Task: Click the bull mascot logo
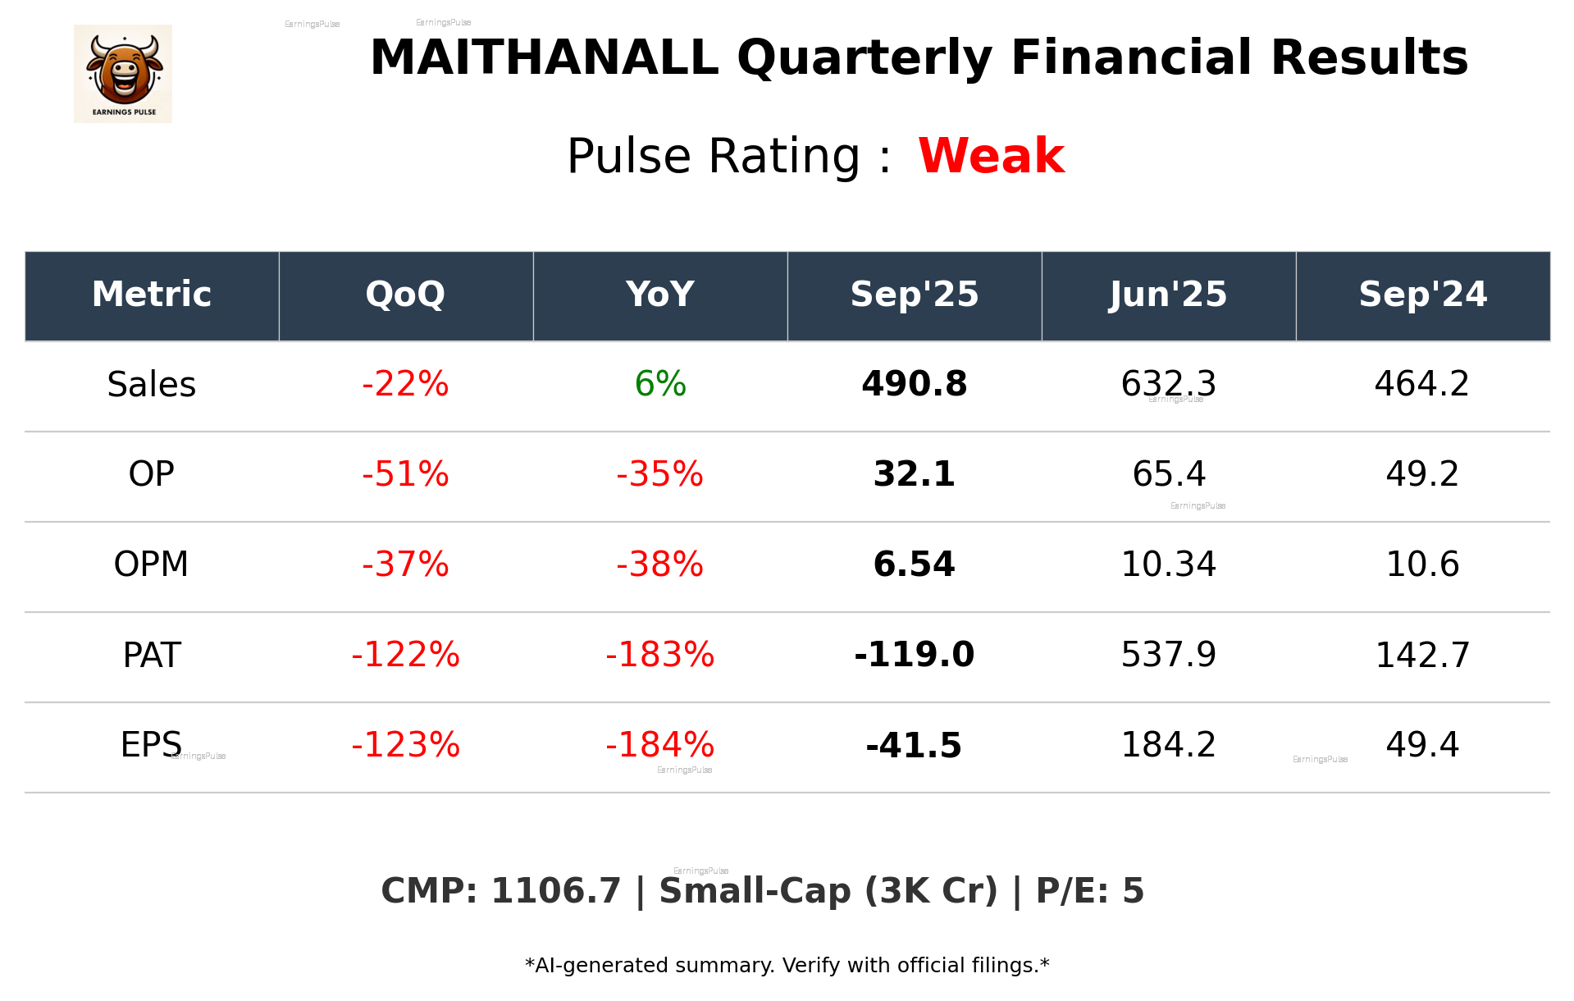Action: coord(123,73)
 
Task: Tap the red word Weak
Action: coord(991,156)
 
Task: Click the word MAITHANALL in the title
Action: coord(544,58)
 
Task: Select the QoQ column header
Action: coord(405,295)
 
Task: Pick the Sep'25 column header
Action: coord(914,295)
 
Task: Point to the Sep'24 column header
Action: coord(1422,295)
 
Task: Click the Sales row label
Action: coord(152,385)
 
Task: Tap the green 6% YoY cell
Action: coord(660,384)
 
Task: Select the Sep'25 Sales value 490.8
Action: coord(914,384)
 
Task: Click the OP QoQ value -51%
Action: coord(405,474)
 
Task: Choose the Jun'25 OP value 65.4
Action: coord(1169,474)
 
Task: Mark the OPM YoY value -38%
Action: coord(660,564)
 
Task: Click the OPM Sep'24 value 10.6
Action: coord(1422,564)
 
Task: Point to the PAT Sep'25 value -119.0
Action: coord(914,655)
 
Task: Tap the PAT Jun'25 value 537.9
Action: coord(1169,655)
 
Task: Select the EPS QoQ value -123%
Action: coord(405,745)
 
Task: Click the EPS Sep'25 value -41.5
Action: coord(914,745)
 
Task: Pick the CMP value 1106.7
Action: coord(555,891)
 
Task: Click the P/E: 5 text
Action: coord(1089,891)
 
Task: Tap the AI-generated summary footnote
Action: coord(787,966)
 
